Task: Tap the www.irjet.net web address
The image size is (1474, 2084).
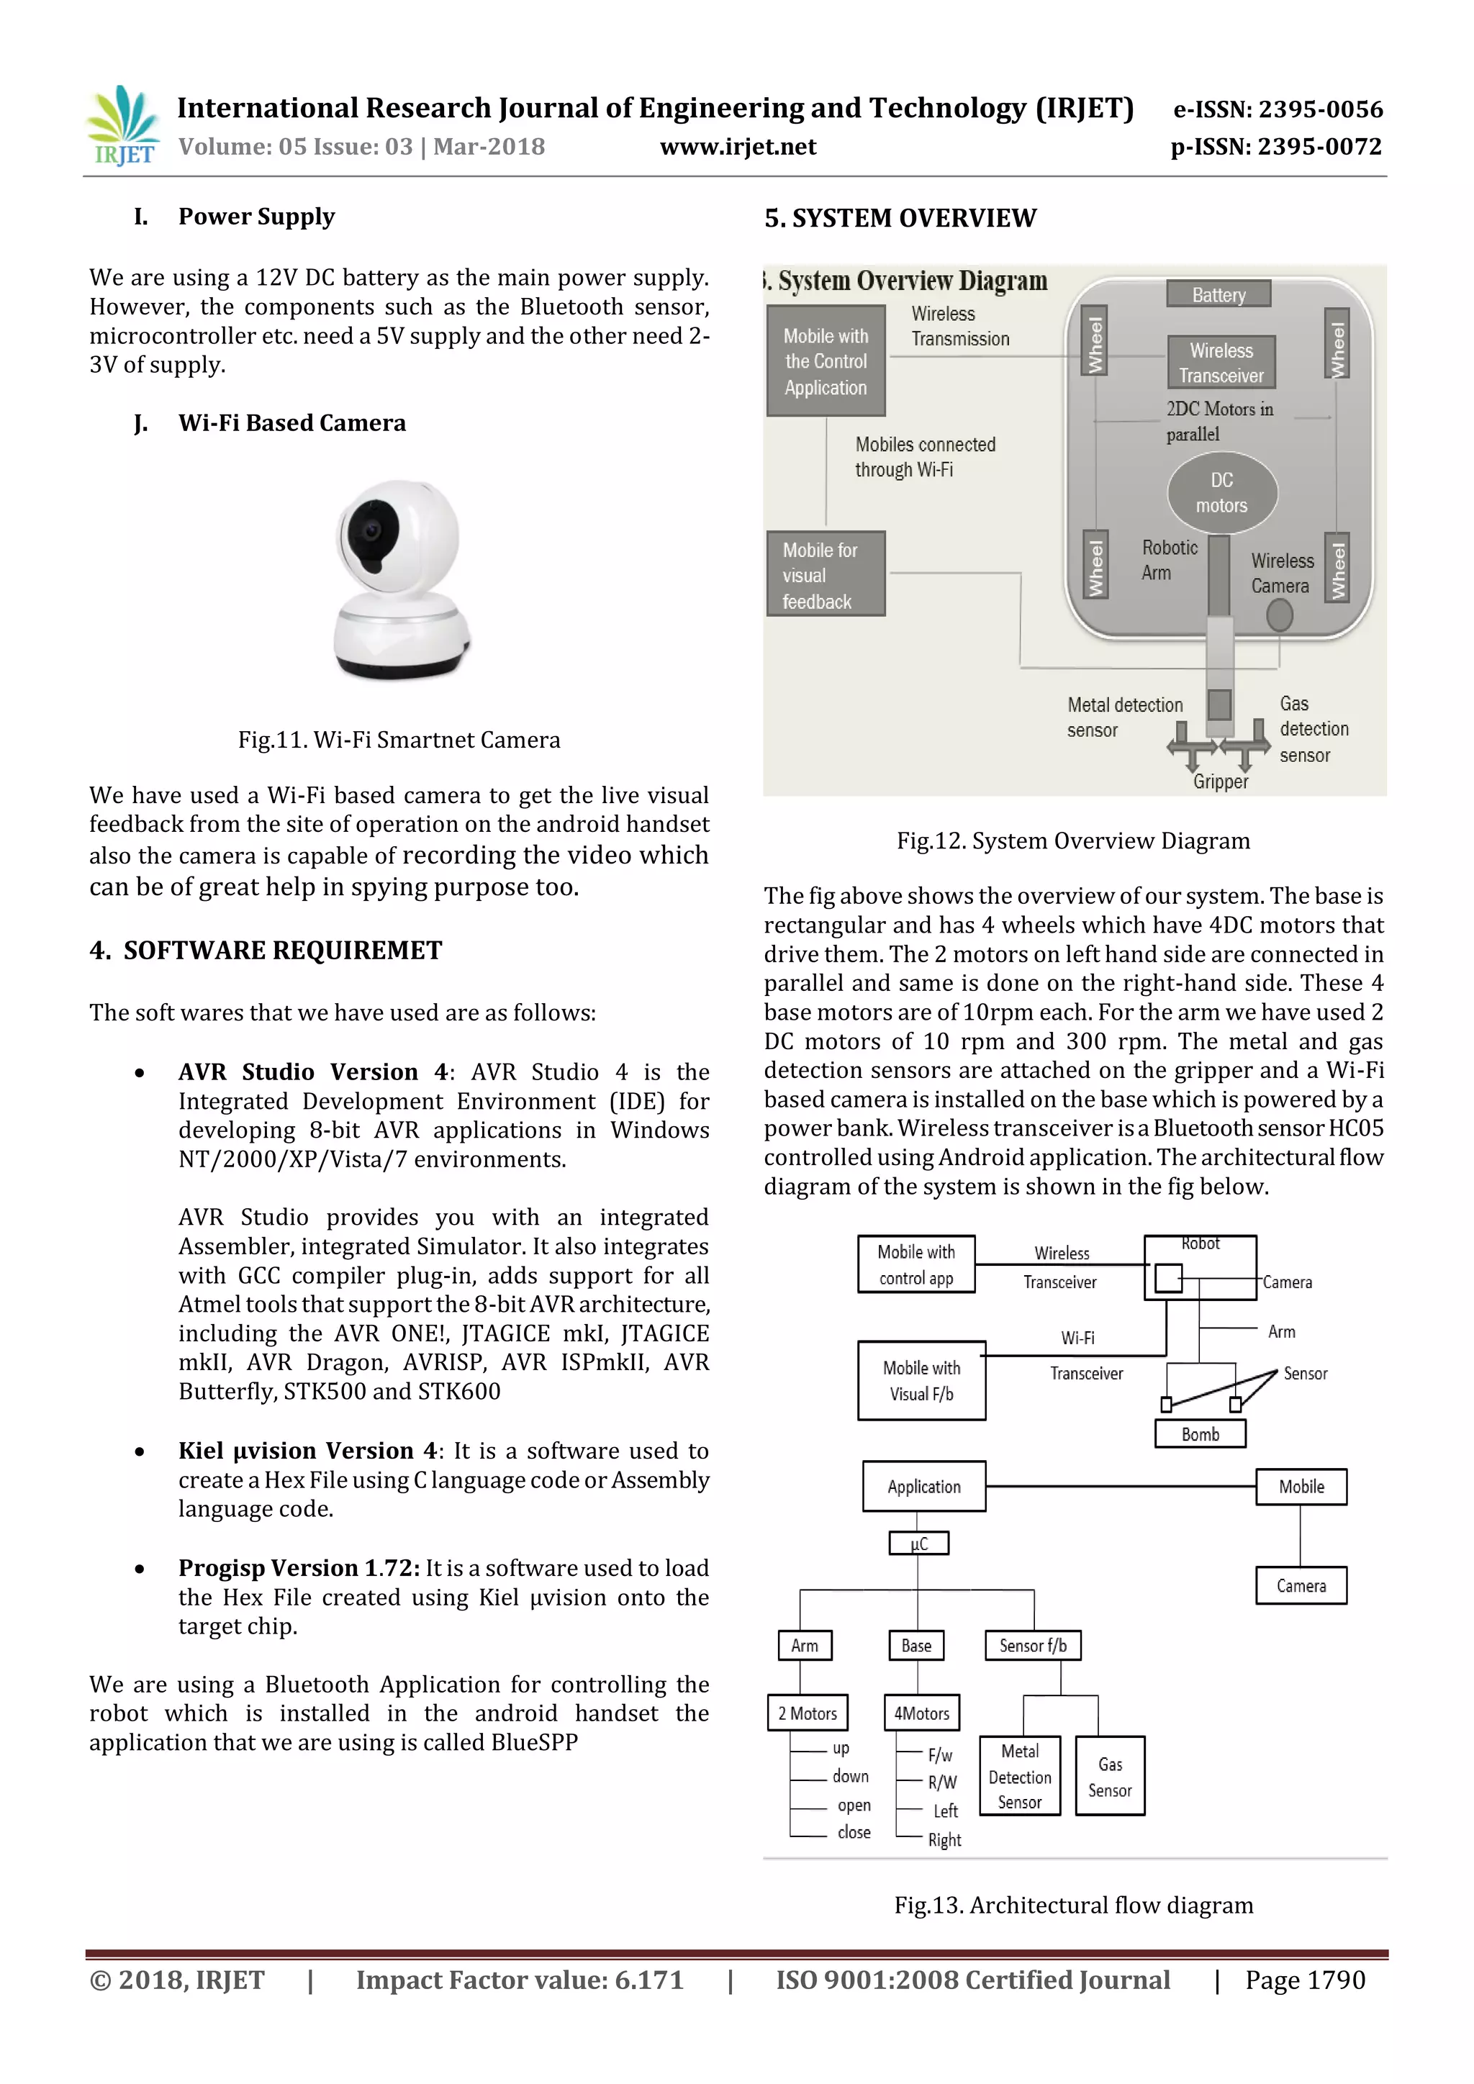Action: coord(738,147)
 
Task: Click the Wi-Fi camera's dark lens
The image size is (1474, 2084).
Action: coord(371,533)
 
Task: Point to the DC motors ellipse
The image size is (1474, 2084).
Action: coord(1221,493)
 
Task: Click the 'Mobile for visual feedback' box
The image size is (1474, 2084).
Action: coord(825,574)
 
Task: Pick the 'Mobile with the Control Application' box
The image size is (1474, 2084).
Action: coord(825,361)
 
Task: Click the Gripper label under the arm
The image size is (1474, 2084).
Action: coord(1220,781)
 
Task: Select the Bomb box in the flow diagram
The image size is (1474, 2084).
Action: coord(1200,1434)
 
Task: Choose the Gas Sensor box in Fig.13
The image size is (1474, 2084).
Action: coord(1110,1776)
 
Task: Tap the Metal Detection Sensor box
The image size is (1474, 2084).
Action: coord(1020,1776)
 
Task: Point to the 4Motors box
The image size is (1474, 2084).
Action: coord(921,1713)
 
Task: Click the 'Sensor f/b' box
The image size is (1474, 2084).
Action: coord(1033,1646)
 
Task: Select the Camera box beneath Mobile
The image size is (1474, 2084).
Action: coord(1301,1586)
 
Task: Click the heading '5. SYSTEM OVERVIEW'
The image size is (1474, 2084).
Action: coord(900,219)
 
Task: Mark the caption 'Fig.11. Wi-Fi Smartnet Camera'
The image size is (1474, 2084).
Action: coord(399,740)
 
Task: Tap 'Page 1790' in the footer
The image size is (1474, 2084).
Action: coord(1304,1980)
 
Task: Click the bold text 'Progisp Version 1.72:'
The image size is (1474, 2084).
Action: coord(299,1569)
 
